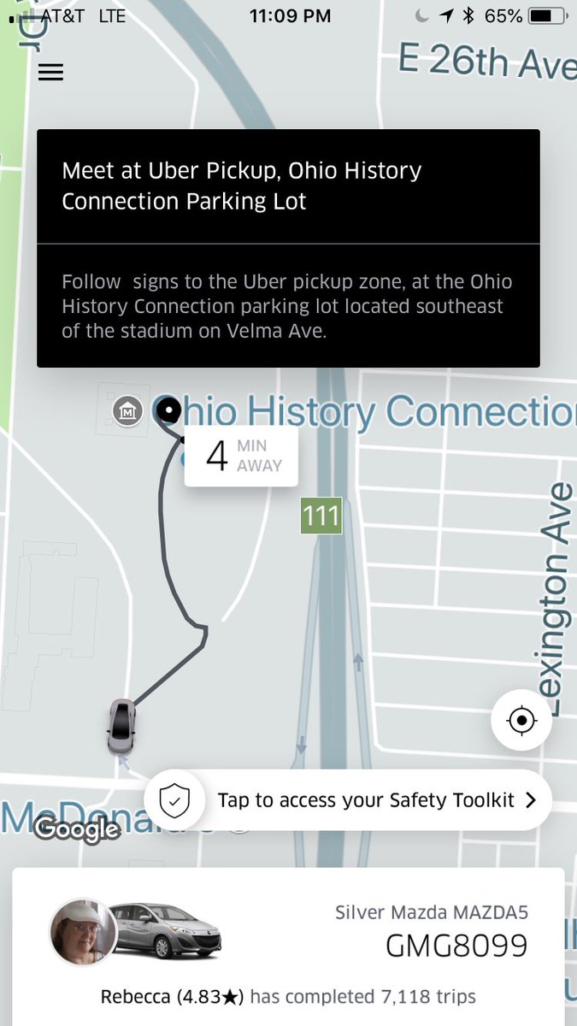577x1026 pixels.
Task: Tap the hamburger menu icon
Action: (50, 73)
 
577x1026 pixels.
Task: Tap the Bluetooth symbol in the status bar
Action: (468, 15)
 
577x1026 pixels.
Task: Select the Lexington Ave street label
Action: (558, 598)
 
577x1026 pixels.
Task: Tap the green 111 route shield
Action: (321, 516)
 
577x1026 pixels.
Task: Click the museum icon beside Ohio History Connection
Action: (127, 412)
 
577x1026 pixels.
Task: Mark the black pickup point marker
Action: (169, 411)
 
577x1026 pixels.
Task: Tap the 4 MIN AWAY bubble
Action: (241, 456)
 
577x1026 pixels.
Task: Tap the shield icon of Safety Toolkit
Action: (174, 800)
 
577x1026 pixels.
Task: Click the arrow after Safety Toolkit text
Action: (530, 800)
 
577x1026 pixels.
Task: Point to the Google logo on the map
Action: (77, 828)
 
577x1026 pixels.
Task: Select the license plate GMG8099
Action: (456, 946)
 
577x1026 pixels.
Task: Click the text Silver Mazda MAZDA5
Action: (432, 912)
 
